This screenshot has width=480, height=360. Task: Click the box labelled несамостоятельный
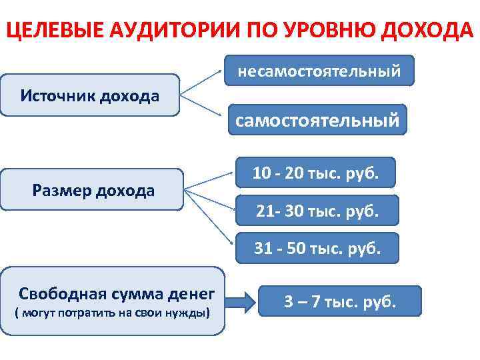[319, 69]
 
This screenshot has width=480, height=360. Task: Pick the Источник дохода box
[90, 96]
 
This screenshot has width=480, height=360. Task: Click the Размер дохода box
[93, 191]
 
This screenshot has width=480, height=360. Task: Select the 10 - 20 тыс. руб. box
[315, 173]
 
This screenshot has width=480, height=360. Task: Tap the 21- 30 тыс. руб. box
[317, 211]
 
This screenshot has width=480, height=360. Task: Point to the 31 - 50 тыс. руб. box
[317, 249]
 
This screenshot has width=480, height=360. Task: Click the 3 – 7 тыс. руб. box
[339, 301]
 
